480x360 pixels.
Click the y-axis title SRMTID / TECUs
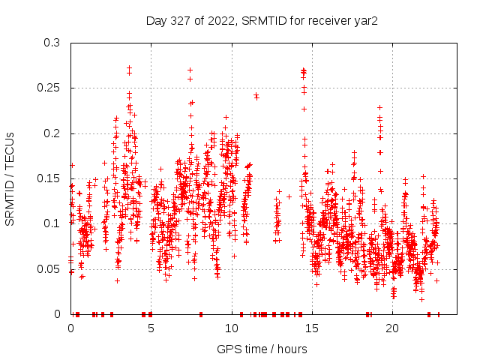click(x=10, y=178)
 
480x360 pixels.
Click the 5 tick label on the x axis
click(x=151, y=328)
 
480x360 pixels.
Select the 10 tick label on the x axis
click(x=231, y=328)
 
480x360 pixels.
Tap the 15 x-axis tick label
click(x=311, y=328)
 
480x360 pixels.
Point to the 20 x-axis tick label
click(x=391, y=328)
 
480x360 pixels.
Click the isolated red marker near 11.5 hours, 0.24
click(x=256, y=96)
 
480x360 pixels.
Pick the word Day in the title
click(x=156, y=20)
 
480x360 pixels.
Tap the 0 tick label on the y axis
click(x=57, y=313)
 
